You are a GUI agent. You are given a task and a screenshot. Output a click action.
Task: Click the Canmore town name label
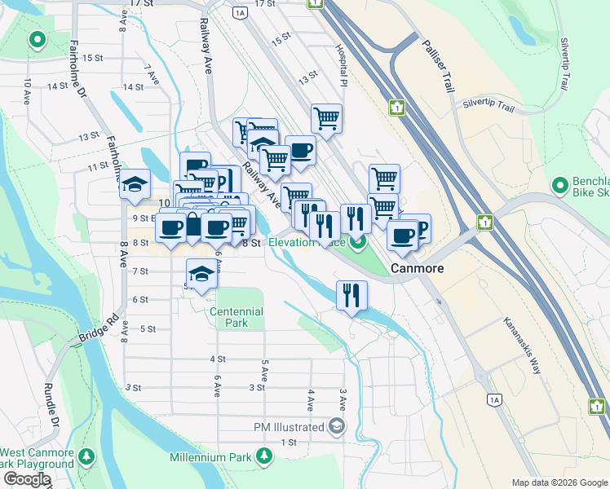(x=417, y=268)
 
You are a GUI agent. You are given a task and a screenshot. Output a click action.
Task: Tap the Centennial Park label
(x=236, y=317)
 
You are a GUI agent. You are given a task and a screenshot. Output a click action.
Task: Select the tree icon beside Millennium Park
(x=263, y=457)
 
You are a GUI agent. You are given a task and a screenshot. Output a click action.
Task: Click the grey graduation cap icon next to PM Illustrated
(x=336, y=426)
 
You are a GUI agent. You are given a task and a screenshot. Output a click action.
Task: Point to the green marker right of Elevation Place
(x=359, y=242)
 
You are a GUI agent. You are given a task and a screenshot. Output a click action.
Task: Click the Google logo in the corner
(x=26, y=480)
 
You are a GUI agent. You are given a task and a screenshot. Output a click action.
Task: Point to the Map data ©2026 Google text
(x=559, y=482)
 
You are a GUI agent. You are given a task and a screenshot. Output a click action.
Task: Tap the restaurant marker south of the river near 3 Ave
(x=351, y=295)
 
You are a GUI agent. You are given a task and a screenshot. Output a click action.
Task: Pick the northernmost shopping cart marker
(x=326, y=118)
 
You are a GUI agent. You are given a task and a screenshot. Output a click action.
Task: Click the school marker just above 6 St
(x=201, y=273)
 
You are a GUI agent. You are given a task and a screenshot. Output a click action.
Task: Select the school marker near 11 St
(x=135, y=185)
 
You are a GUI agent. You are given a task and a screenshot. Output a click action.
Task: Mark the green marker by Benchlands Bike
(x=559, y=186)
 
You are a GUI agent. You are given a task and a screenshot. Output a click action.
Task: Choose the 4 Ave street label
(x=311, y=399)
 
